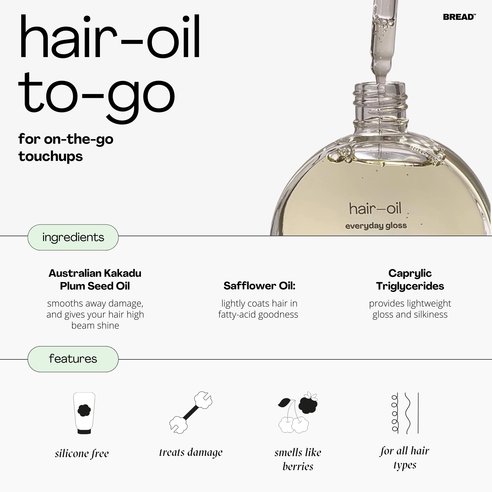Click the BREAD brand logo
[459, 17]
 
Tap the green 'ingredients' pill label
[73, 237]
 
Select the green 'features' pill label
[73, 359]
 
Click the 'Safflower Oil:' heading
[259, 286]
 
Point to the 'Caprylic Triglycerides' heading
[410, 279]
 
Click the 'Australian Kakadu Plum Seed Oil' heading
[95, 279]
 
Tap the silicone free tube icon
[84, 413]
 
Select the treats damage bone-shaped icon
[191, 412]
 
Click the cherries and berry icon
[298, 412]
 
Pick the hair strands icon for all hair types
[405, 413]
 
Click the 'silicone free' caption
[82, 454]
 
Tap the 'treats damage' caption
[191, 452]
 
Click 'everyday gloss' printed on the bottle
[376, 226]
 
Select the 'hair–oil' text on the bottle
[375, 209]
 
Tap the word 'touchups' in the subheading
[50, 156]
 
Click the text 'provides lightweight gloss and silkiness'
[410, 309]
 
